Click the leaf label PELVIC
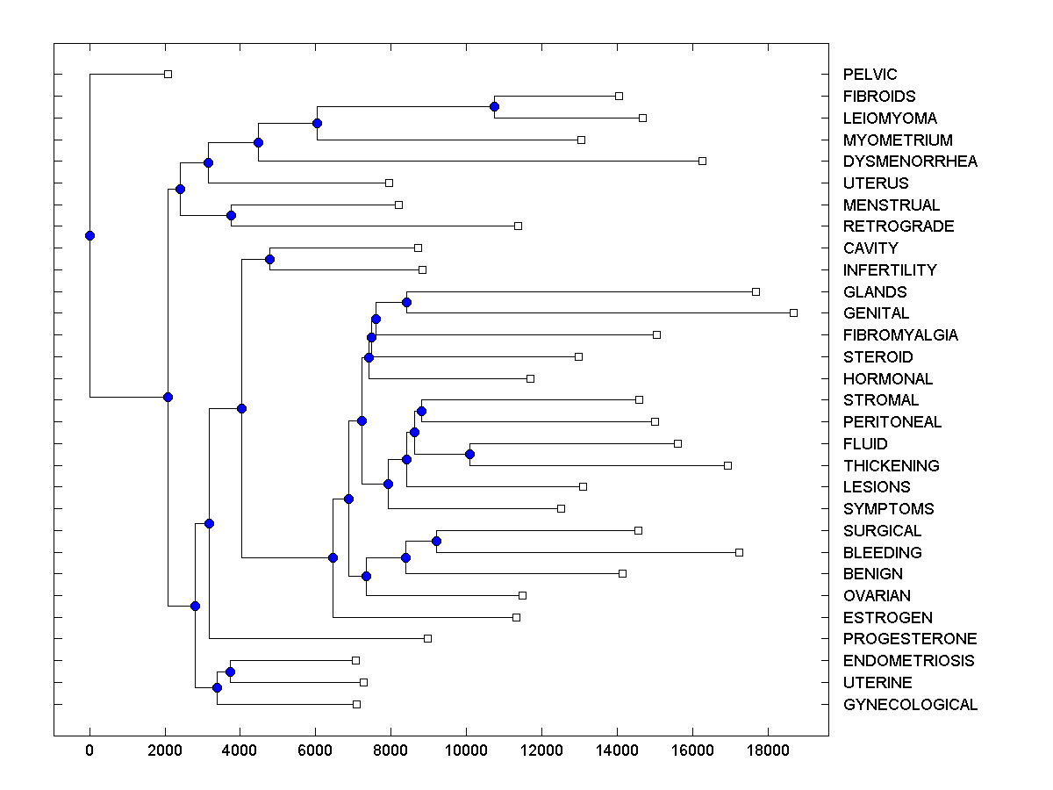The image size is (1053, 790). (870, 75)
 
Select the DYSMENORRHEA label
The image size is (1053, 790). (910, 162)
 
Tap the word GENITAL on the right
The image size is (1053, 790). (876, 313)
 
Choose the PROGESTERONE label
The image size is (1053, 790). (910, 639)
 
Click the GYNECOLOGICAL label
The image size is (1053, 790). (910, 705)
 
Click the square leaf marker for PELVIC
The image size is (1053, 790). (168, 75)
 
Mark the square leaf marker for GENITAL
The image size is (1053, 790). (793, 312)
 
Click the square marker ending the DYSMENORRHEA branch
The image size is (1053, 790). (702, 161)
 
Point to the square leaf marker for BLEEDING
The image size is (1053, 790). (739, 552)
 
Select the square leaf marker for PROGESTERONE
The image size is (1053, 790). (427, 638)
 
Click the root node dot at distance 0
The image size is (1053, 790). (90, 235)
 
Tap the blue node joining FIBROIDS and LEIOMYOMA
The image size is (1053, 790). (494, 106)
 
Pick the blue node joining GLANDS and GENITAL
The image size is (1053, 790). (406, 302)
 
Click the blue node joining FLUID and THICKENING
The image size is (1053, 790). (469, 454)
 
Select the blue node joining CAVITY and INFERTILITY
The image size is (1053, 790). (269, 259)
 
